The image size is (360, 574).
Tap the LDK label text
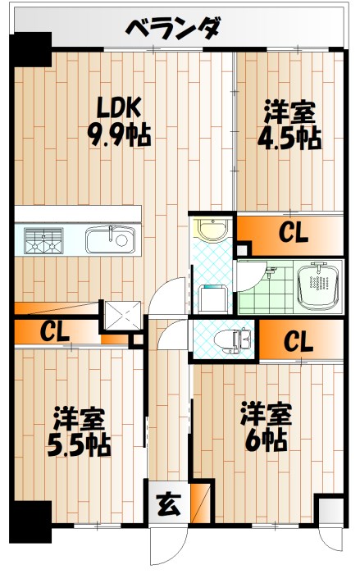coord(120,107)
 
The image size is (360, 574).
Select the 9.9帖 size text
coord(120,134)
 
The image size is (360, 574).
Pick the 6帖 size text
coord(263,439)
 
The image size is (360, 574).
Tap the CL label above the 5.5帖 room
coord(54,332)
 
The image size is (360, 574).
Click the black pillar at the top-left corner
coord(32,48)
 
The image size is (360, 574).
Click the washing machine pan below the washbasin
coord(212,294)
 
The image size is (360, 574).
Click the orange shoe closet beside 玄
coord(198,501)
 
